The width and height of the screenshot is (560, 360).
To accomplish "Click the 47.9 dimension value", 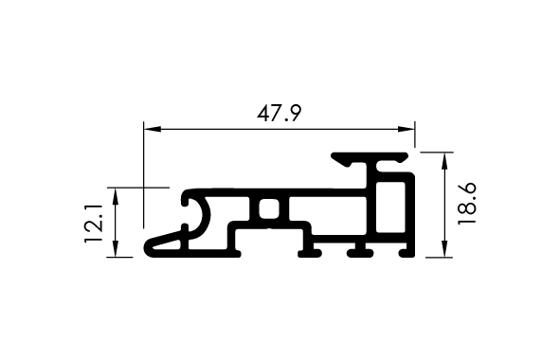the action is point(280,114).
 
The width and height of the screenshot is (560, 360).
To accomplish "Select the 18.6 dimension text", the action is point(467,204).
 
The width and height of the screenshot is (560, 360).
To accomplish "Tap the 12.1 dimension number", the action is point(94,224).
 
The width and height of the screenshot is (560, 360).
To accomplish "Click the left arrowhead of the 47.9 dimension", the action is point(153,129).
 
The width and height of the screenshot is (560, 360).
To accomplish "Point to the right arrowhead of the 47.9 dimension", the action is point(406,129).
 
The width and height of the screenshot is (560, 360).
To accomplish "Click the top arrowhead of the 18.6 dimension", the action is point(444,161).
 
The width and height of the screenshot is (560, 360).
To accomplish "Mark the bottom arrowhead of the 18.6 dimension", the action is point(444,248).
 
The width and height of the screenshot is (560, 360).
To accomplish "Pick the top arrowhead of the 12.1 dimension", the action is point(115,196).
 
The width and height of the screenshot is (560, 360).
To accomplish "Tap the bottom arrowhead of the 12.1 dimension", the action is point(115,248).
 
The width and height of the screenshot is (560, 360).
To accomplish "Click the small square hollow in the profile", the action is point(269,208).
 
